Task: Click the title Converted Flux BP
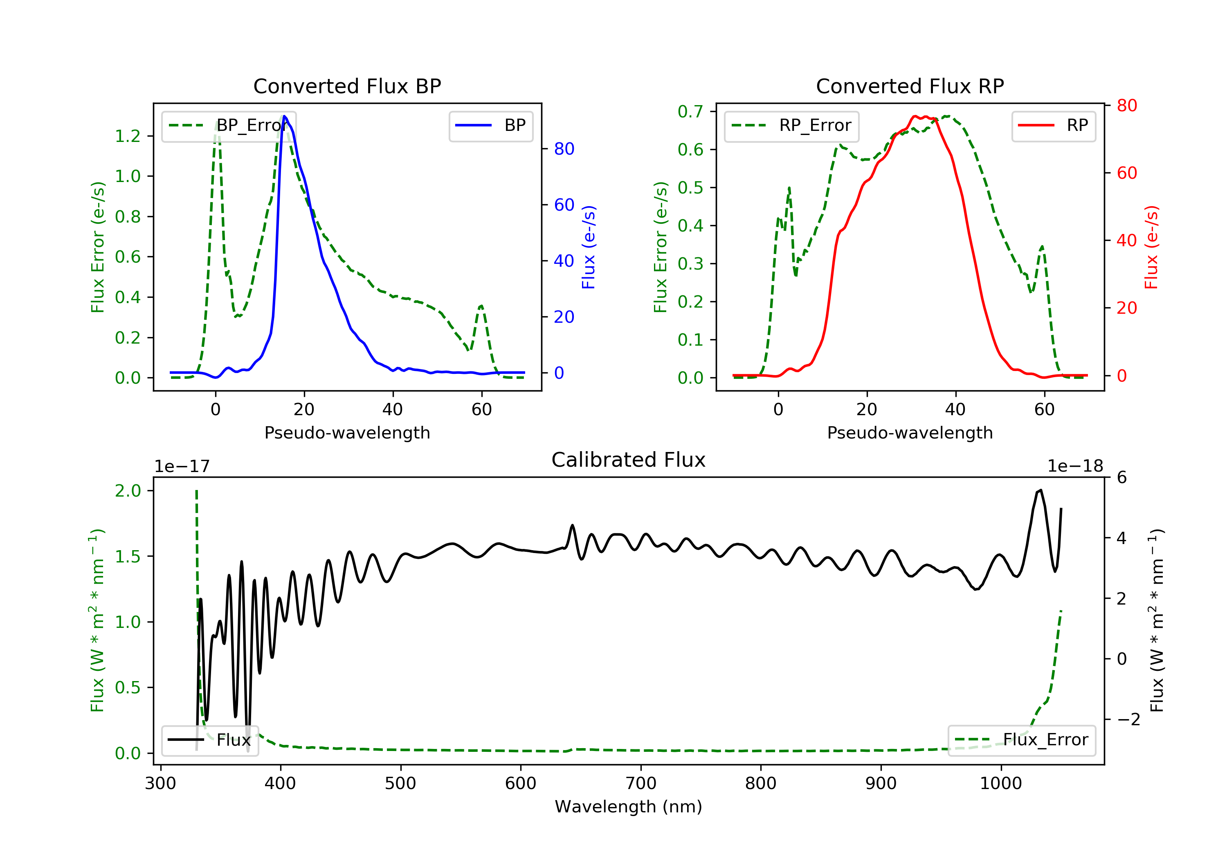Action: (347, 86)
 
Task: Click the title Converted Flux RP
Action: (910, 86)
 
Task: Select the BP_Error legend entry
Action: (228, 126)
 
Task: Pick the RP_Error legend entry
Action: (791, 126)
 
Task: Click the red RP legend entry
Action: (1053, 126)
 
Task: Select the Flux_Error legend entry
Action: (1021, 740)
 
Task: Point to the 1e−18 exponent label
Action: (1075, 466)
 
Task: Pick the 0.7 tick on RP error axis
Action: (690, 112)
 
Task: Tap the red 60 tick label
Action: (1126, 173)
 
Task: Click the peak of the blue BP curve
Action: (284, 116)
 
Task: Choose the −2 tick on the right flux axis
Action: (1128, 720)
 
